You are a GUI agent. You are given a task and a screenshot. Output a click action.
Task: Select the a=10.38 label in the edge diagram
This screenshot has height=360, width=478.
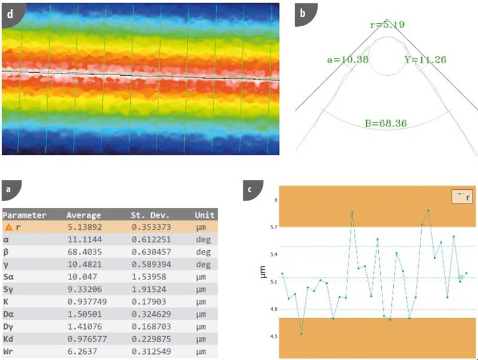coord(345,60)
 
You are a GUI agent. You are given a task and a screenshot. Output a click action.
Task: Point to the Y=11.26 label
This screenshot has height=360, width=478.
coord(425,60)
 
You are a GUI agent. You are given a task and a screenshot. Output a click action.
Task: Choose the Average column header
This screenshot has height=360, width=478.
coord(84,215)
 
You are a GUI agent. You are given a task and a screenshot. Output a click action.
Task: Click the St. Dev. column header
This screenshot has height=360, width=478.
coord(150,215)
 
